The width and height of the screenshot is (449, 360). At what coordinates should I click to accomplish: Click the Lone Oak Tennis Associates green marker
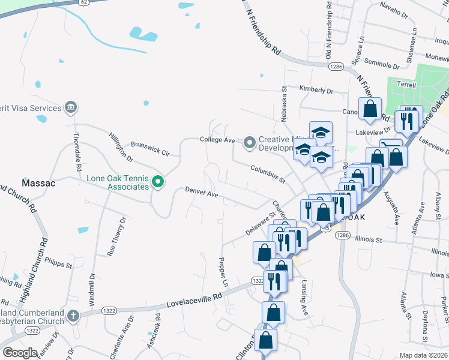[x=158, y=181]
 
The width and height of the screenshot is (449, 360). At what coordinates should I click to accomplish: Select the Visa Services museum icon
[x=71, y=108]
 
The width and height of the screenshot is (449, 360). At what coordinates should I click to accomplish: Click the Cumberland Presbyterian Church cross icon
[x=73, y=315]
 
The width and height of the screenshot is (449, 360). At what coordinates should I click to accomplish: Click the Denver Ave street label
[x=201, y=194]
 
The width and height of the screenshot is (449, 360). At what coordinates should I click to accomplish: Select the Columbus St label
[x=268, y=173]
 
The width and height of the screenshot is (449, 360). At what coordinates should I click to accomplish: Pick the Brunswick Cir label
[x=151, y=149]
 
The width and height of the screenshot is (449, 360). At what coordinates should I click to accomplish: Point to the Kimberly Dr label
[x=316, y=90]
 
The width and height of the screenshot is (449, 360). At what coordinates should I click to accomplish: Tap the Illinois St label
[x=369, y=239]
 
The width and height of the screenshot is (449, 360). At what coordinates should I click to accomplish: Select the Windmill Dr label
[x=92, y=290]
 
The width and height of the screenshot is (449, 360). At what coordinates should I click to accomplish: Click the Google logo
[x=20, y=352]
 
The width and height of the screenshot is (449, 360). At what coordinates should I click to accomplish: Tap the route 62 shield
[x=84, y=2]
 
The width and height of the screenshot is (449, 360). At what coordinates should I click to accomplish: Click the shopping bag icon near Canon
[x=370, y=109]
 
